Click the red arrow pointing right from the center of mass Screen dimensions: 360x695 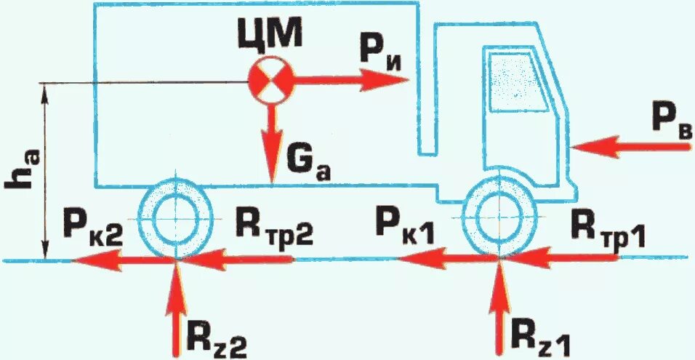(x=349, y=80)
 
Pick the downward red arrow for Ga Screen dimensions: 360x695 (x=273, y=142)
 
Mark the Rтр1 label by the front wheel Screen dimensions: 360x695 (x=603, y=230)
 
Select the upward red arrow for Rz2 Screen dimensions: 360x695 (x=177, y=305)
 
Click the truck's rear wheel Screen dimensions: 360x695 (x=177, y=215)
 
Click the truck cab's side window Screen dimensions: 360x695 (x=518, y=80)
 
